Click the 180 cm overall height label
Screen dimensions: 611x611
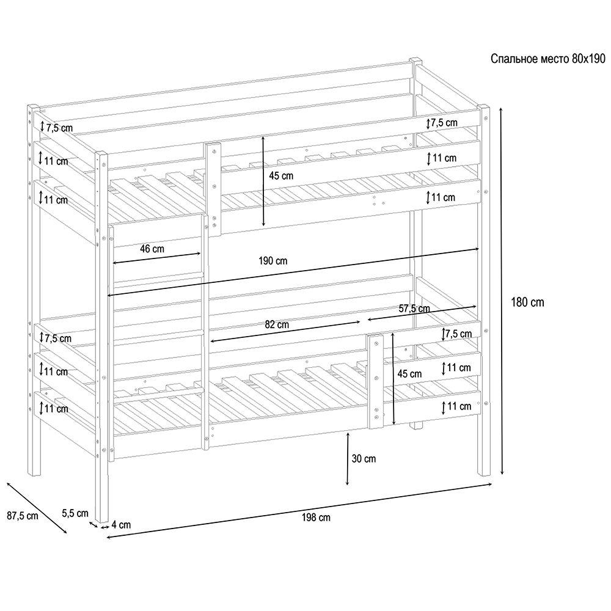point(527,302)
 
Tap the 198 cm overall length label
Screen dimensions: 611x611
point(316,518)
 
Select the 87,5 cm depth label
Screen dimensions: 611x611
point(23,516)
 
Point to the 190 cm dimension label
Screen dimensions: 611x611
point(273,261)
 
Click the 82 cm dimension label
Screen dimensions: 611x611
point(277,324)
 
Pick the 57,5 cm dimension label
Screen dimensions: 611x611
point(414,309)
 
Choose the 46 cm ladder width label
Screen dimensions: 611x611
point(152,249)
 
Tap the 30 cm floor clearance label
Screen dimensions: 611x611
point(364,459)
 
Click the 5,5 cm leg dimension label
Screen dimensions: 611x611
point(75,513)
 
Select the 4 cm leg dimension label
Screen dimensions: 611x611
point(121,524)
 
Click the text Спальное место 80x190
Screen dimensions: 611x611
point(548,59)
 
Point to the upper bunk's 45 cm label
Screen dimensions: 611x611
point(281,176)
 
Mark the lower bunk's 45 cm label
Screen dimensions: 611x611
point(409,374)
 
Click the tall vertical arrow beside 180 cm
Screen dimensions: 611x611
point(502,291)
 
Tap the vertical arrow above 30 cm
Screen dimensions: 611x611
point(347,458)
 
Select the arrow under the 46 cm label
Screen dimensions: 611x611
point(156,258)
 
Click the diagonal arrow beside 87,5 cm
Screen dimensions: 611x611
point(37,508)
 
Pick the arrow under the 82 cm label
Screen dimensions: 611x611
point(285,332)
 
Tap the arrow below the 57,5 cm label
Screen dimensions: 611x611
point(422,313)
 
